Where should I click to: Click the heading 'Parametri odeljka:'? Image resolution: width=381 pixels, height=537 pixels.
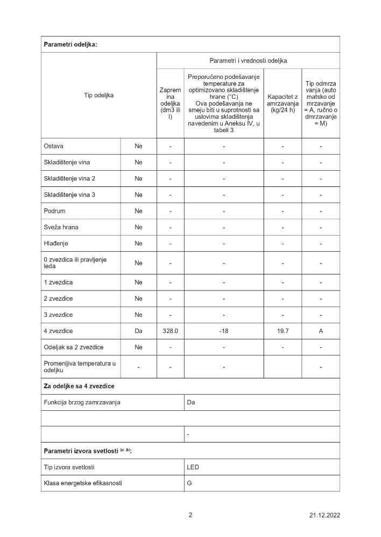70,45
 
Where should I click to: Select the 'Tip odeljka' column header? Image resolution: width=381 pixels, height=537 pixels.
98,95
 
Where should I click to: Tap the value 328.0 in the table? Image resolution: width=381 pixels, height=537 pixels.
170,331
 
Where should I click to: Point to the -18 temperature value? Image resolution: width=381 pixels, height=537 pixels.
224,331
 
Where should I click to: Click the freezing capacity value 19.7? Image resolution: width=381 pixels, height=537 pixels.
283,331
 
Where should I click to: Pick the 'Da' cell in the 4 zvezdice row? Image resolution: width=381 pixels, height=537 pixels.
138,331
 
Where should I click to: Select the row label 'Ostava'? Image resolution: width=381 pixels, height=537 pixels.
54,146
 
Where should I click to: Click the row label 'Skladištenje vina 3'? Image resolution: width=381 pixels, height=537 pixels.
69,194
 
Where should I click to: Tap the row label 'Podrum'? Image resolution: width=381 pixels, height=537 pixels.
54,211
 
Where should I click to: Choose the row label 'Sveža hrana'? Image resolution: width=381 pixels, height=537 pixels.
61,227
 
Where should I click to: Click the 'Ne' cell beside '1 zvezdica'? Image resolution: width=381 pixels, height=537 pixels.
138,282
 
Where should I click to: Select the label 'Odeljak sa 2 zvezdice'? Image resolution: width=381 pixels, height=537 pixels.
73,347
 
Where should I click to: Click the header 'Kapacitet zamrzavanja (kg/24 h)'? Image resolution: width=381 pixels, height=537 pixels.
283,103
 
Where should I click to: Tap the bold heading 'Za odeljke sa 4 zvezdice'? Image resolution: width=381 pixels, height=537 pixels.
79,386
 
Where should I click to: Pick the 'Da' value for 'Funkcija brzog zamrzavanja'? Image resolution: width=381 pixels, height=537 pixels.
190,402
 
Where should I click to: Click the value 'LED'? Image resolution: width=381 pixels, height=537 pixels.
193,467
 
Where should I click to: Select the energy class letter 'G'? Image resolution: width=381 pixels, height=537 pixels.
189,483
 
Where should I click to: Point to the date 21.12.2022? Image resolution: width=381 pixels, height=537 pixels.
324,516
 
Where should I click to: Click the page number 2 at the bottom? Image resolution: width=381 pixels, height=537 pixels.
190,515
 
